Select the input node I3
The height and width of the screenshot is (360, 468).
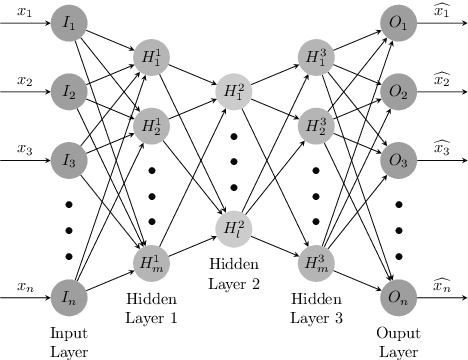pyautogui.click(x=69, y=159)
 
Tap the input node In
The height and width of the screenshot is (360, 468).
pyautogui.click(x=69, y=294)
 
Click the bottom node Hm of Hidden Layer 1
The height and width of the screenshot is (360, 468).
pyautogui.click(x=150, y=260)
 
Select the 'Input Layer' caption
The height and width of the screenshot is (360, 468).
pyautogui.click(x=69, y=340)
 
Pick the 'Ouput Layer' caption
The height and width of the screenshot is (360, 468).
pyautogui.click(x=398, y=340)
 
